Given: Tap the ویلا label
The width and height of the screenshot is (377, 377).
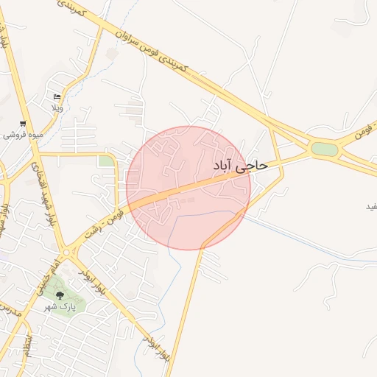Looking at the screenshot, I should click(57, 108).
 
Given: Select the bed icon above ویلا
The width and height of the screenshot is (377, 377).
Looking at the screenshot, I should click(57, 97).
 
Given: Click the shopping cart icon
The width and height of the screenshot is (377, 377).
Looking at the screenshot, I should click(24, 124).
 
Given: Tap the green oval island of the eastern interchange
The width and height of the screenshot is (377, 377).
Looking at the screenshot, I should click(324, 149).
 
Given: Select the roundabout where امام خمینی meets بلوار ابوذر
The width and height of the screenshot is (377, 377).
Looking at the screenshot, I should click(68, 251).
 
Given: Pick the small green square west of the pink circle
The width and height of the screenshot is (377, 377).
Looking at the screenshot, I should click(107, 161).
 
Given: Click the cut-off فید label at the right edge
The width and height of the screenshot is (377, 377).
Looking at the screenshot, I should click(370, 205).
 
